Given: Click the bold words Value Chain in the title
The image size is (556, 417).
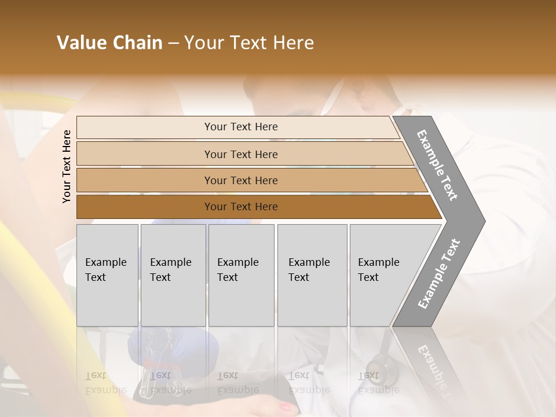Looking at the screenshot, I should [109, 43].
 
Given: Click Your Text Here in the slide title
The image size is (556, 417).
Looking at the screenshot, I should [249, 43].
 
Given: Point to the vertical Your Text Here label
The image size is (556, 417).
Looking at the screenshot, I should [67, 167].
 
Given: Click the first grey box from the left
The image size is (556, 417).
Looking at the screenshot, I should [107, 275].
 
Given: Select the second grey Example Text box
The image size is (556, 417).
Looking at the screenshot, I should [173, 275].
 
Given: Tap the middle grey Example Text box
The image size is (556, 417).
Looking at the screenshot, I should [241, 275].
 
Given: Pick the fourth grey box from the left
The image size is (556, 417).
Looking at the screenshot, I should [312, 275].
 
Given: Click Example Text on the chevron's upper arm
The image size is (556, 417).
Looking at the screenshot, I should [437, 165].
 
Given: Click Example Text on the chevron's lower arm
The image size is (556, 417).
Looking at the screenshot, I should [438, 274].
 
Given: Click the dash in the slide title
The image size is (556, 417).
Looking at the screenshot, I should [173, 43].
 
